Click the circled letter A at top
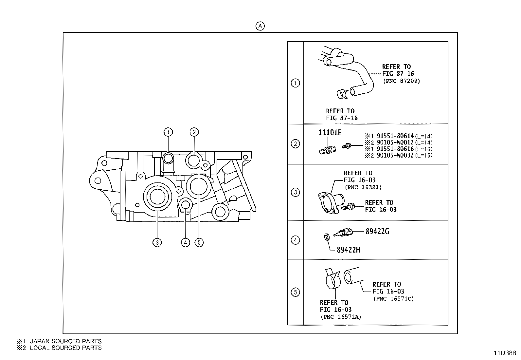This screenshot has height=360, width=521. coord(260,26)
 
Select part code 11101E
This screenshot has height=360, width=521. coord(330,132)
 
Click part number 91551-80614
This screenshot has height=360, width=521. coord(395,136)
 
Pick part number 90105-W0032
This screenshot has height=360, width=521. coord(395,155)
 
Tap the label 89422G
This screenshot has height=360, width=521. coord(377,232)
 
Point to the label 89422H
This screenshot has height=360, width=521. coord(348,250)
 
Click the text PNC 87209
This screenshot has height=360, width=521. coord(402,81)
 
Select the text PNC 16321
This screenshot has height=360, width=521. coord(363,187)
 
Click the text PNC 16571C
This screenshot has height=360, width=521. coord(393,299)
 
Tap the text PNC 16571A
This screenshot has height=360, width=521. coord(341,317)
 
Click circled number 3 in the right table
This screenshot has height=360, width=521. coord(295,192)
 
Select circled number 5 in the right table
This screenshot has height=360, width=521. coord(295,292)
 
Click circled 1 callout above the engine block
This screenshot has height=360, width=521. coord(168,132)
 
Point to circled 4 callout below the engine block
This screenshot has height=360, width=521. coord(185,242)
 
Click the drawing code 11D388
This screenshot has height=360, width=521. coord(505,353)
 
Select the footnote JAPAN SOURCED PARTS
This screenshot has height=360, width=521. coord(65,341)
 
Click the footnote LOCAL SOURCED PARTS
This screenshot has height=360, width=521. coord(65,348)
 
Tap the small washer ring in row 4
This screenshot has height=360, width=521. coord(327,237)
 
